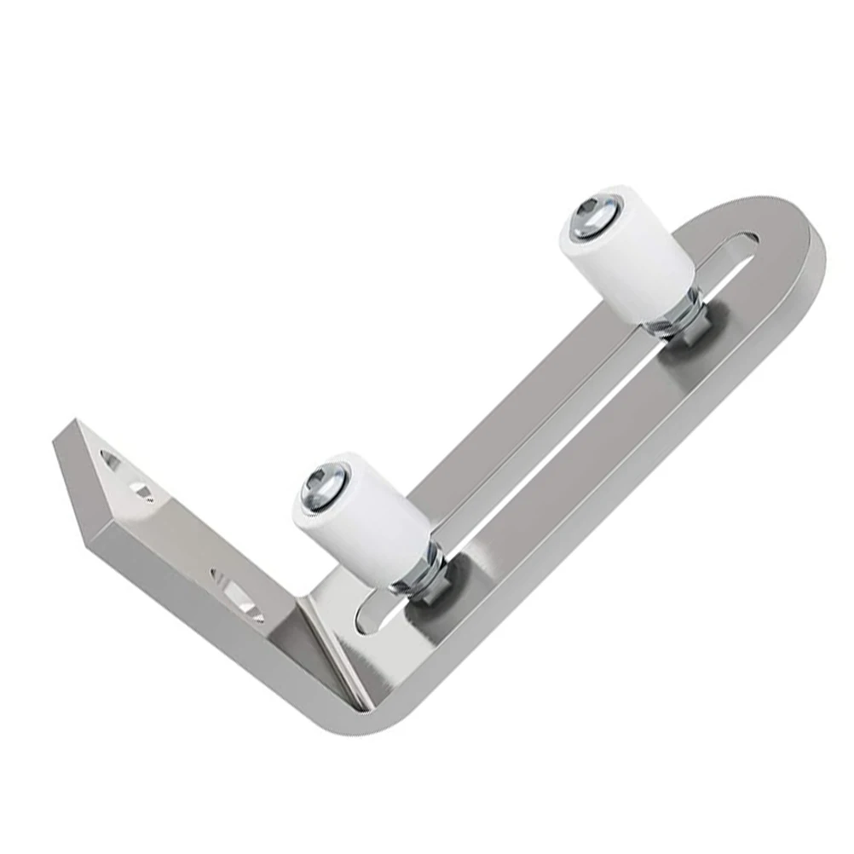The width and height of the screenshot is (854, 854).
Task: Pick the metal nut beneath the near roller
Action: coord(419,580)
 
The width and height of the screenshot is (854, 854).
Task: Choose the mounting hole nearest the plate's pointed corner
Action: coord(110,460)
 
